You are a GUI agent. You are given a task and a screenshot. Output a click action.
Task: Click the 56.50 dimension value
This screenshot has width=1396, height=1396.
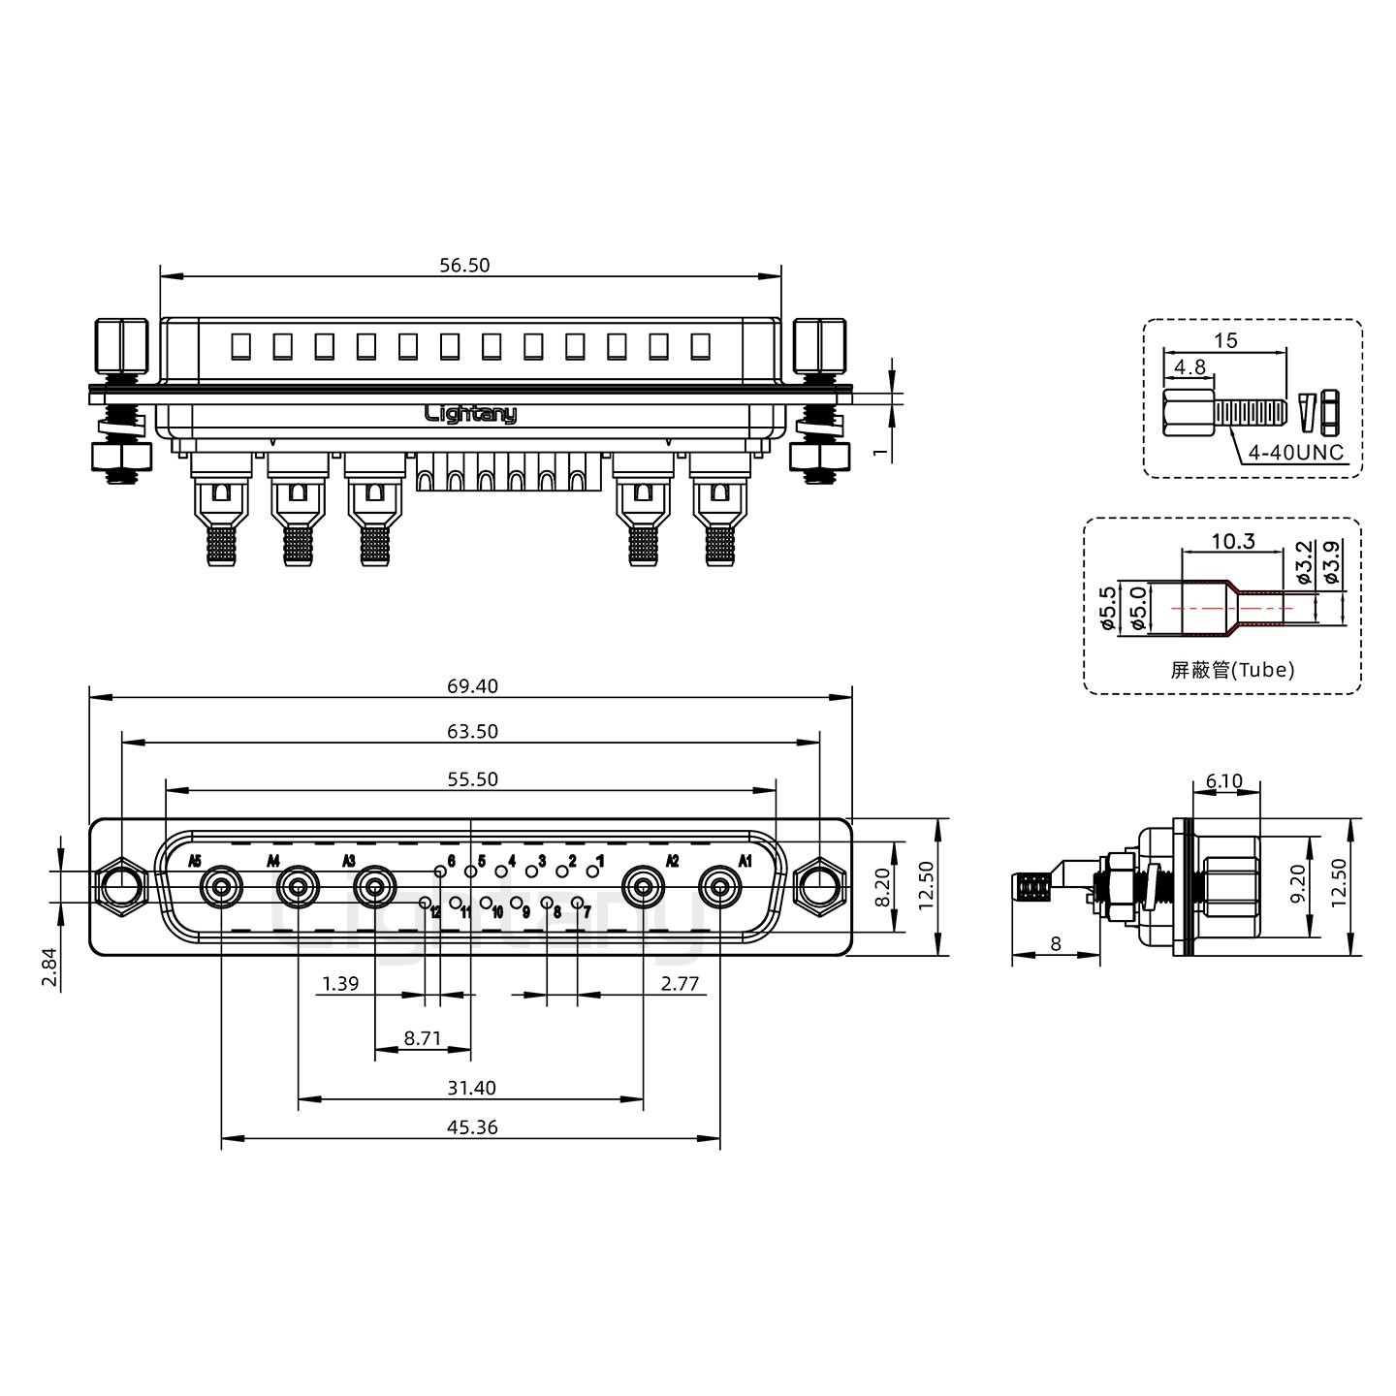tap(464, 265)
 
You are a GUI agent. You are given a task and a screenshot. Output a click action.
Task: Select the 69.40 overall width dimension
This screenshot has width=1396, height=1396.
tap(472, 686)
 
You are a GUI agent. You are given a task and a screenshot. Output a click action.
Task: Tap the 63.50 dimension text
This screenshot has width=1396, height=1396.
tap(472, 732)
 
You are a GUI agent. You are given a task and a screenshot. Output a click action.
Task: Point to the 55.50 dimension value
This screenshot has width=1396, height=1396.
tap(472, 779)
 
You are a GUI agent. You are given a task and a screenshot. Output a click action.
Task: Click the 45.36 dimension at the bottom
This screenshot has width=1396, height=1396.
tap(472, 1127)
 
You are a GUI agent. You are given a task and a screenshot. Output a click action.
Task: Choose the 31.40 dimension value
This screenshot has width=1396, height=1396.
tap(472, 1088)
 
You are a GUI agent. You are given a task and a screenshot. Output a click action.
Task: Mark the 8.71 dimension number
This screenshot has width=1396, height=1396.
tap(423, 1038)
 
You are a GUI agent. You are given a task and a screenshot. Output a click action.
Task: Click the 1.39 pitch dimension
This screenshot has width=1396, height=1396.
tap(340, 984)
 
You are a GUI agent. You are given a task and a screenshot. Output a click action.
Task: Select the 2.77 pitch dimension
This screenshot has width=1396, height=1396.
tap(680, 984)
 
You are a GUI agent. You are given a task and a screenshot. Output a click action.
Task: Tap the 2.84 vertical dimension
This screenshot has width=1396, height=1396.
tap(50, 968)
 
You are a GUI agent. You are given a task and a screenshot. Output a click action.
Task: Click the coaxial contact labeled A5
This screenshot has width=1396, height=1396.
tap(221, 887)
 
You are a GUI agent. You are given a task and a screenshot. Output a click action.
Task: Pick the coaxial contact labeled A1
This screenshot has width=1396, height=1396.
tap(720, 887)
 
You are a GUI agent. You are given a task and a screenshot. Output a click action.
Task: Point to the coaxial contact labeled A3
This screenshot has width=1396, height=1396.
tap(374, 887)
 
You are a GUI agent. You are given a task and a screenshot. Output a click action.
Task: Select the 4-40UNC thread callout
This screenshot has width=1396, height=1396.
tap(1294, 453)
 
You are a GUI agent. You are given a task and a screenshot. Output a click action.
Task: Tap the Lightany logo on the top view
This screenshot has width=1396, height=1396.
tap(471, 414)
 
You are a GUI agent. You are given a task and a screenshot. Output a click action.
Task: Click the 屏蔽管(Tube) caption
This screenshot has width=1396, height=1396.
tap(1232, 669)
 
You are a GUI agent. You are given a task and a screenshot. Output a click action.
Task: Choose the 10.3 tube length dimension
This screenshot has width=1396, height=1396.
tap(1233, 541)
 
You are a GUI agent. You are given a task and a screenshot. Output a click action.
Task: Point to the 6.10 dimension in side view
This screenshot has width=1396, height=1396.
tap(1223, 781)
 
